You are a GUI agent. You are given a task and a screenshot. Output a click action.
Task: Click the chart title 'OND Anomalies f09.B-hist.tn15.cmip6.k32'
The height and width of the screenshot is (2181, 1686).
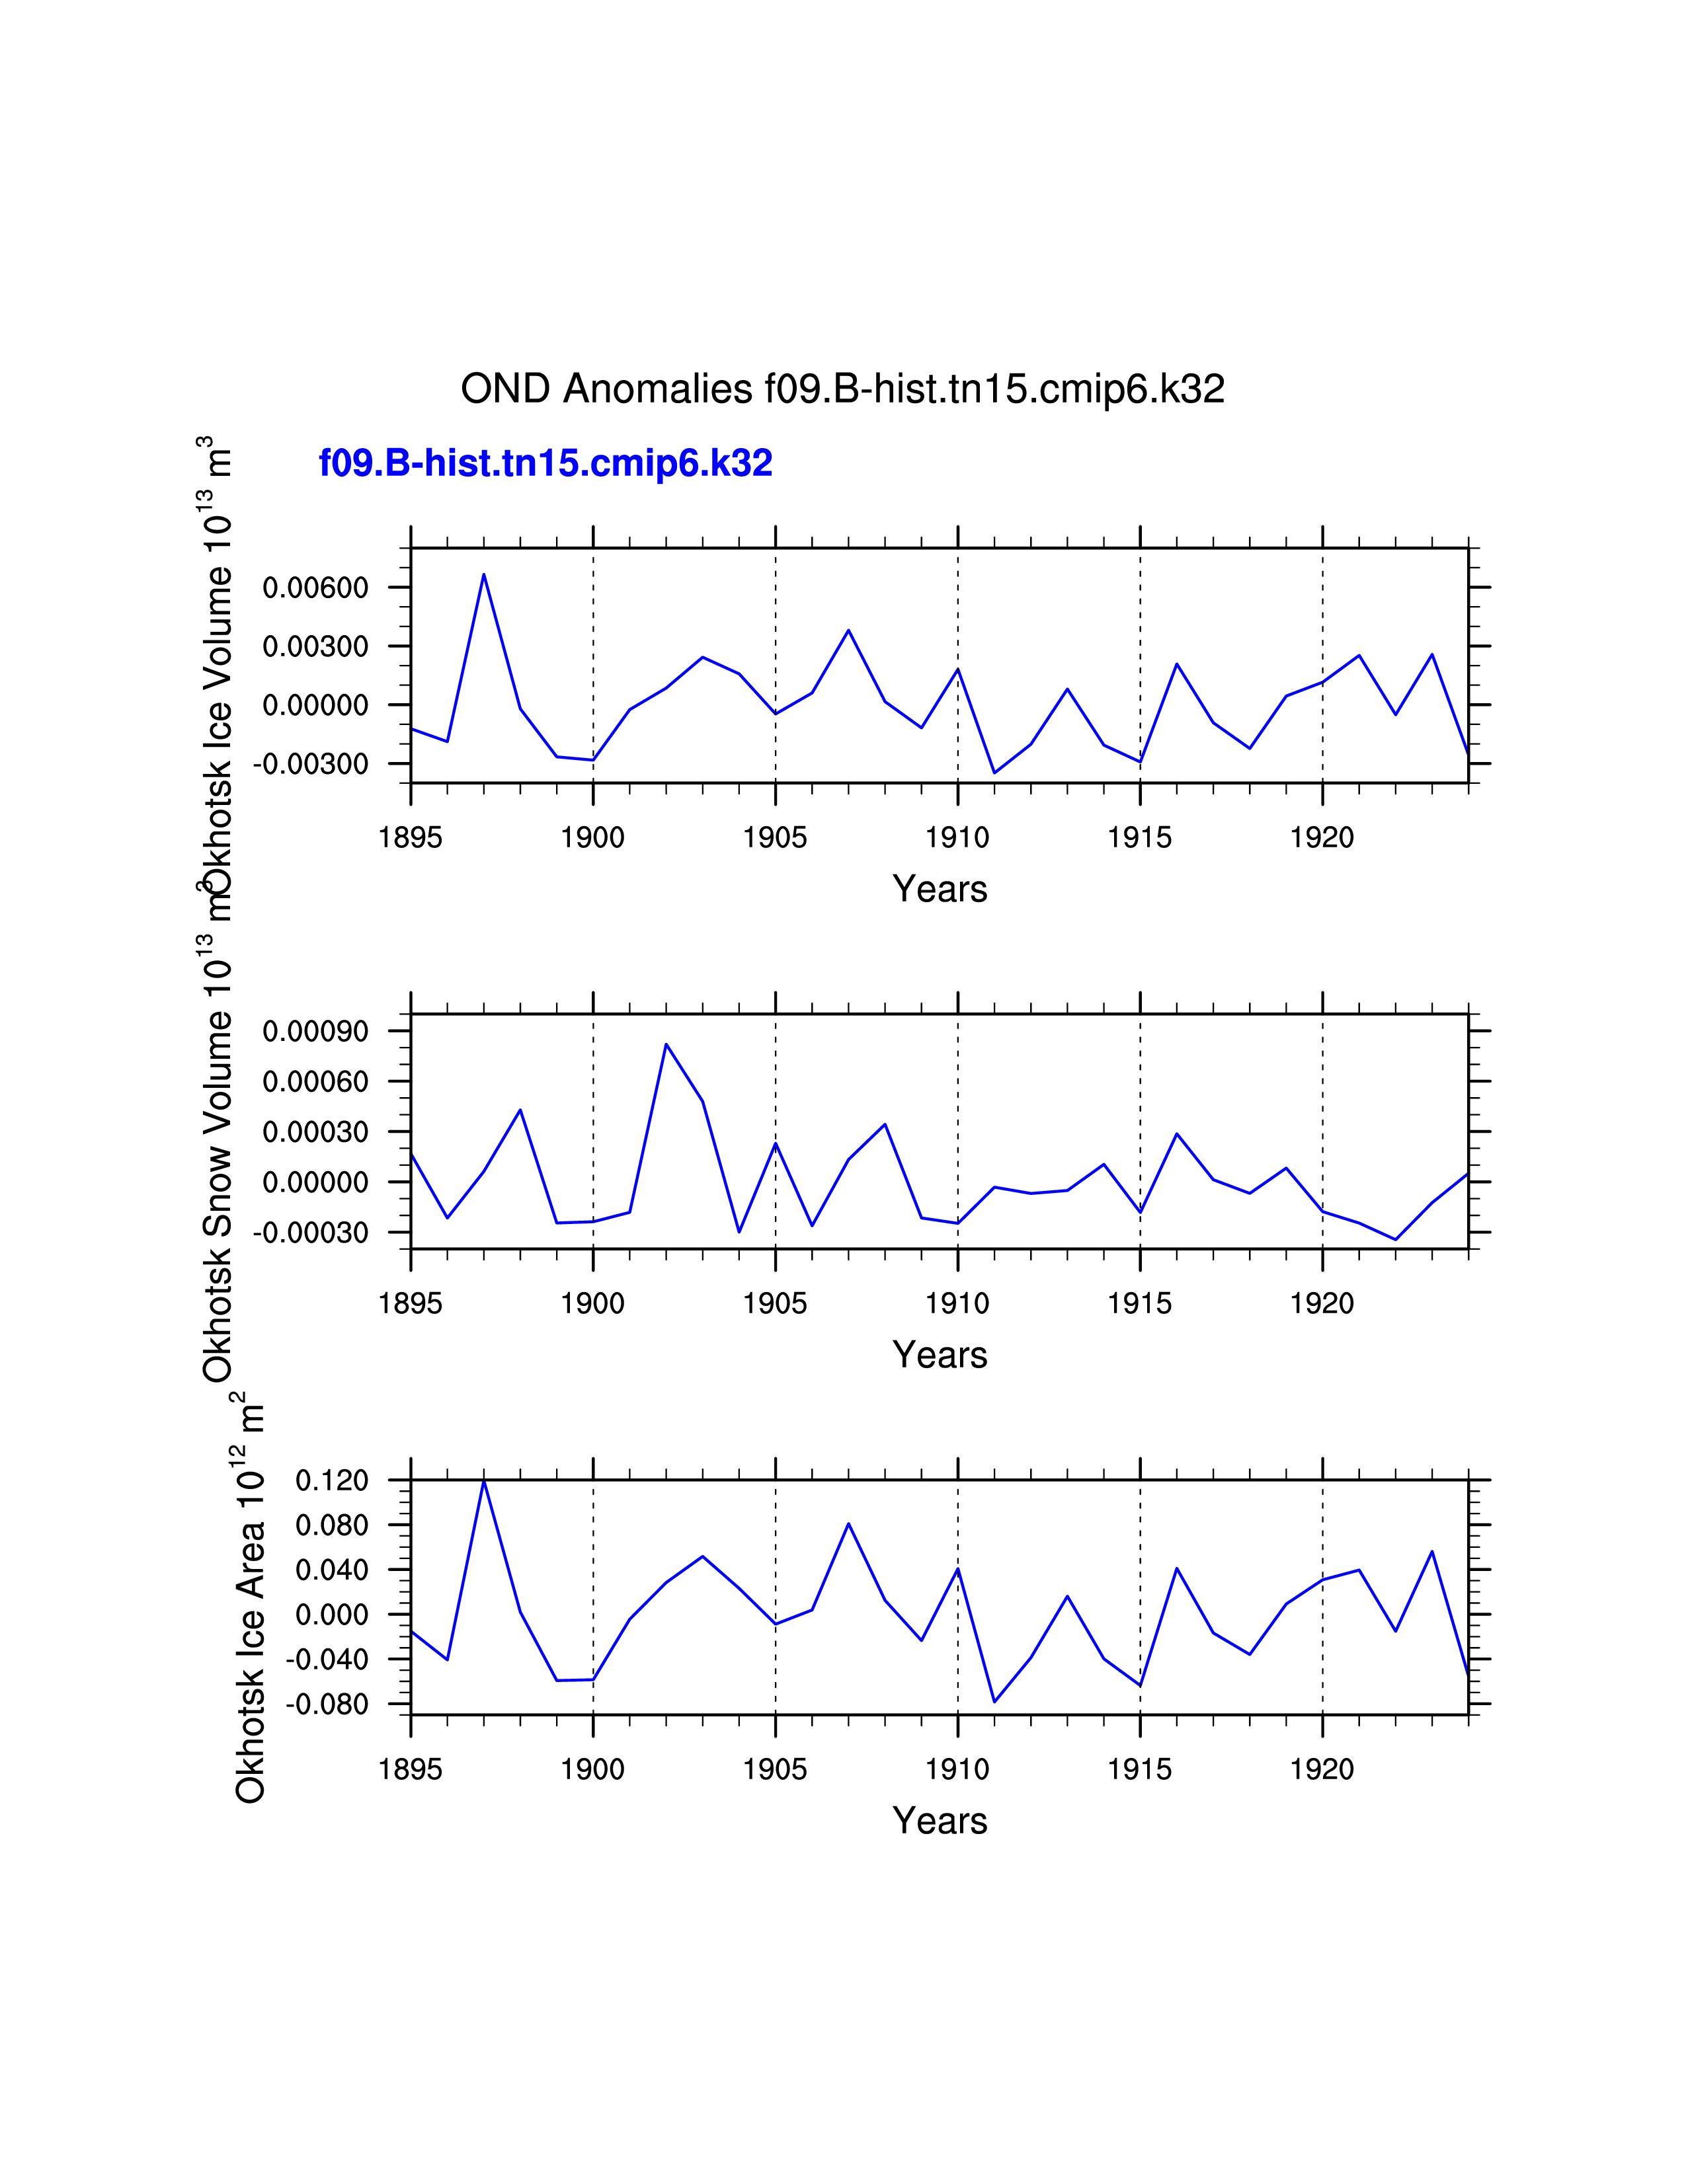[x=842, y=389]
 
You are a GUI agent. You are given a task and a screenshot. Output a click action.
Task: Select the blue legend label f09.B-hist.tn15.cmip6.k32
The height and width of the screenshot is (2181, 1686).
[x=545, y=463]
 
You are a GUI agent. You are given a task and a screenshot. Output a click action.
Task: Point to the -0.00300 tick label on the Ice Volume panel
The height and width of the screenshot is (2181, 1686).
[x=311, y=764]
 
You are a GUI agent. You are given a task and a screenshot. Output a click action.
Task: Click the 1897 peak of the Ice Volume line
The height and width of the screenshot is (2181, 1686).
[x=485, y=574]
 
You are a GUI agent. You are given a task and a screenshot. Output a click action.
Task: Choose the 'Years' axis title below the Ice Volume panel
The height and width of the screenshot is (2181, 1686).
[x=940, y=889]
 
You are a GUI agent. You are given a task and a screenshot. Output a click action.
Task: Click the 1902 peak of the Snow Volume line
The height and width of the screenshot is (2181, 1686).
[x=666, y=1044]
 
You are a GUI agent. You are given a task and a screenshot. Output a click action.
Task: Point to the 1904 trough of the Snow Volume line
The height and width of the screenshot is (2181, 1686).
[x=739, y=1231]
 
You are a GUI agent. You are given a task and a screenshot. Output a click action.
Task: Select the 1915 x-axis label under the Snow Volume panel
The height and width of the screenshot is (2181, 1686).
[x=1140, y=1303]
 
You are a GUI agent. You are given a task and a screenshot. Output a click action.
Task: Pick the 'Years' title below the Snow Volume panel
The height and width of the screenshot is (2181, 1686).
[x=940, y=1355]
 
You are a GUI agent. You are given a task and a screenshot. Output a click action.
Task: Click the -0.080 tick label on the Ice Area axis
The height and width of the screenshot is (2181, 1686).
[x=327, y=1704]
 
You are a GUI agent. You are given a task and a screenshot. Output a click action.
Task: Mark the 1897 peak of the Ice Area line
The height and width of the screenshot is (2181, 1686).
[x=485, y=1481]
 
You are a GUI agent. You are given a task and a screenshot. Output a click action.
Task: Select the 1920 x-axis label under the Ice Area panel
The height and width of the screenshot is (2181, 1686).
[x=1322, y=1769]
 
